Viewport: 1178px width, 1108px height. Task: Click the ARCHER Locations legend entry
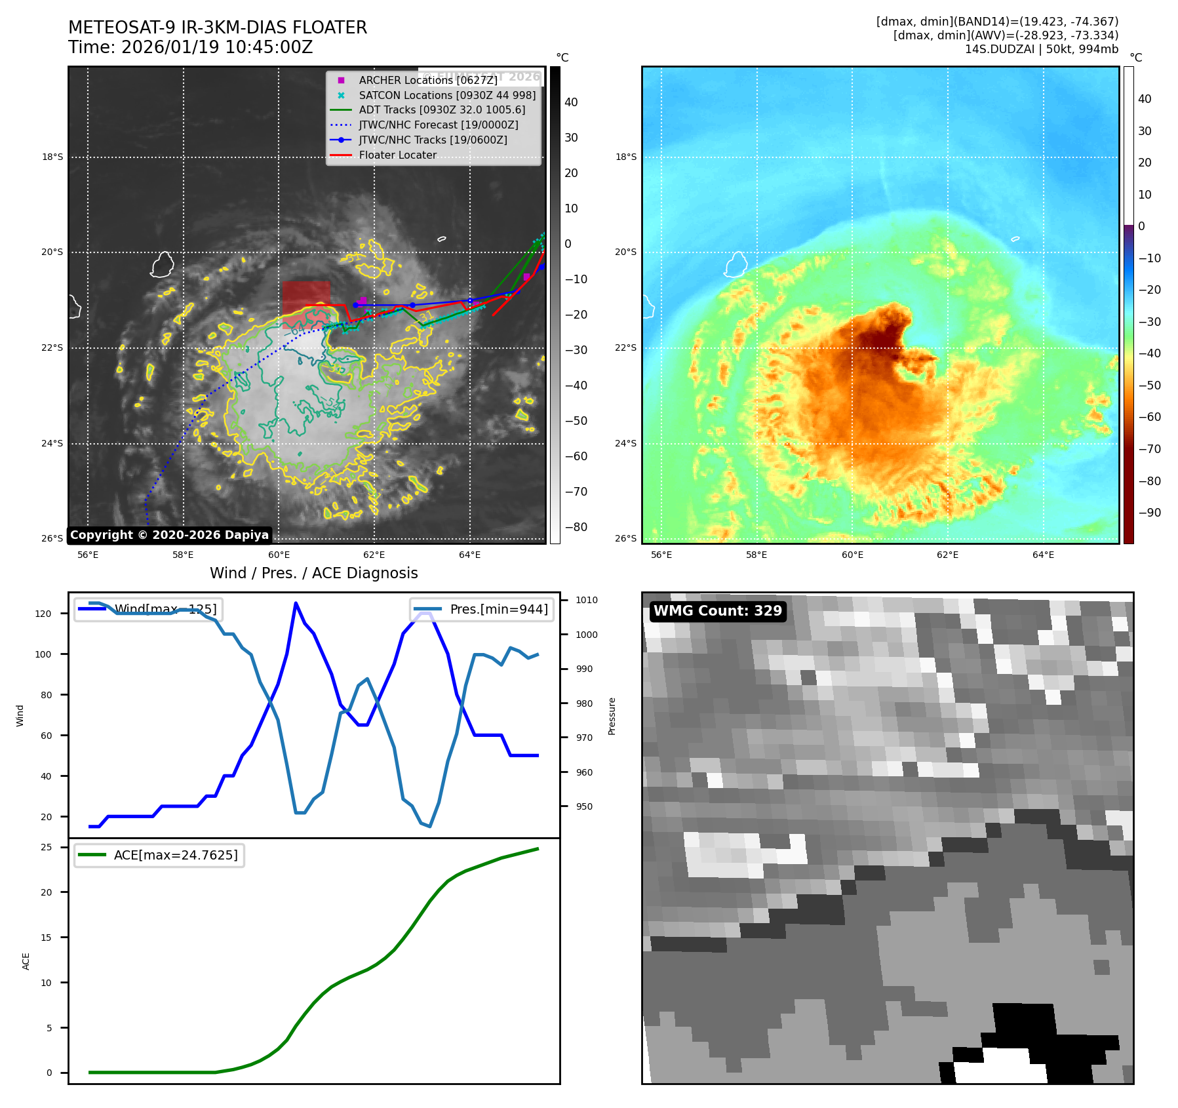[427, 80]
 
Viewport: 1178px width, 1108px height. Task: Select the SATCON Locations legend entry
[446, 95]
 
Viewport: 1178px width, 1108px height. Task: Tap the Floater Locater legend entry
[397, 155]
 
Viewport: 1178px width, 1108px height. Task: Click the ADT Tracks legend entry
[441, 110]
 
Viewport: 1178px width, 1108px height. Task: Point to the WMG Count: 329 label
[717, 611]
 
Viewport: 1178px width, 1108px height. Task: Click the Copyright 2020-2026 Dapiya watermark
[169, 535]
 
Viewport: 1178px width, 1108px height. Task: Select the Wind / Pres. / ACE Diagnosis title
[313, 573]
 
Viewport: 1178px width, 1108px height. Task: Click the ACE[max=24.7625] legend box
[159, 855]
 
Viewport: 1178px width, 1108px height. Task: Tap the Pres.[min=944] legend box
[482, 609]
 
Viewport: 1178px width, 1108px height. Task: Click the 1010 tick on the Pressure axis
[587, 600]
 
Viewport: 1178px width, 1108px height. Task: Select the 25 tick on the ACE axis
[47, 847]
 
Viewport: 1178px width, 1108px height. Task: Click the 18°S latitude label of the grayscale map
[52, 157]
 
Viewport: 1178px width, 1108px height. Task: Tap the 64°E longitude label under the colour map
[1043, 555]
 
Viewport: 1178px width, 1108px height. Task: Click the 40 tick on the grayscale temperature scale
[571, 102]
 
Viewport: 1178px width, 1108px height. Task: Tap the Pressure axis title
[612, 715]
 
